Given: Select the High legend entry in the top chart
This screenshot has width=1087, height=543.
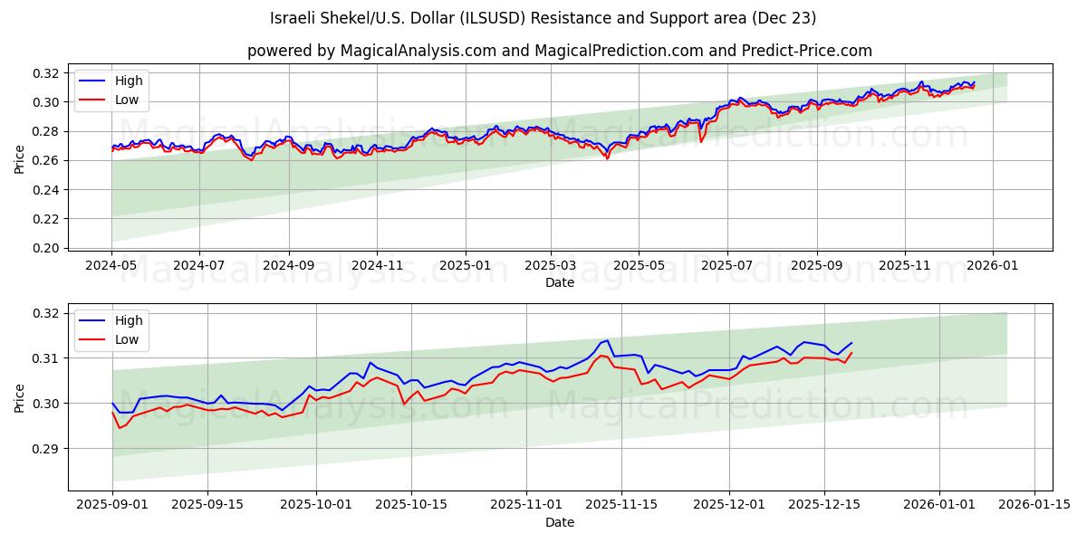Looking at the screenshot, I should pos(128,81).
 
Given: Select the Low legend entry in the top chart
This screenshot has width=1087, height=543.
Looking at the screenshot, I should pos(127,100).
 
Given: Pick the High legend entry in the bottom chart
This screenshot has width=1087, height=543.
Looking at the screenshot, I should pos(128,320).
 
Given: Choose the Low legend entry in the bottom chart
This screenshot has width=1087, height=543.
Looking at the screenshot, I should pos(127,339).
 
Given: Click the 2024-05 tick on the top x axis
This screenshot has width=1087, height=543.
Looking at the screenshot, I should pos(112,266).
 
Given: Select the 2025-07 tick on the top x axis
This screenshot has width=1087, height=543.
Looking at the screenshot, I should pos(726,266).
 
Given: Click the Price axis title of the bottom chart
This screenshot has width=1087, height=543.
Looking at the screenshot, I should pos(20,397).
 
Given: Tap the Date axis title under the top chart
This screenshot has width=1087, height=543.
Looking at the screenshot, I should pos(559,282).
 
